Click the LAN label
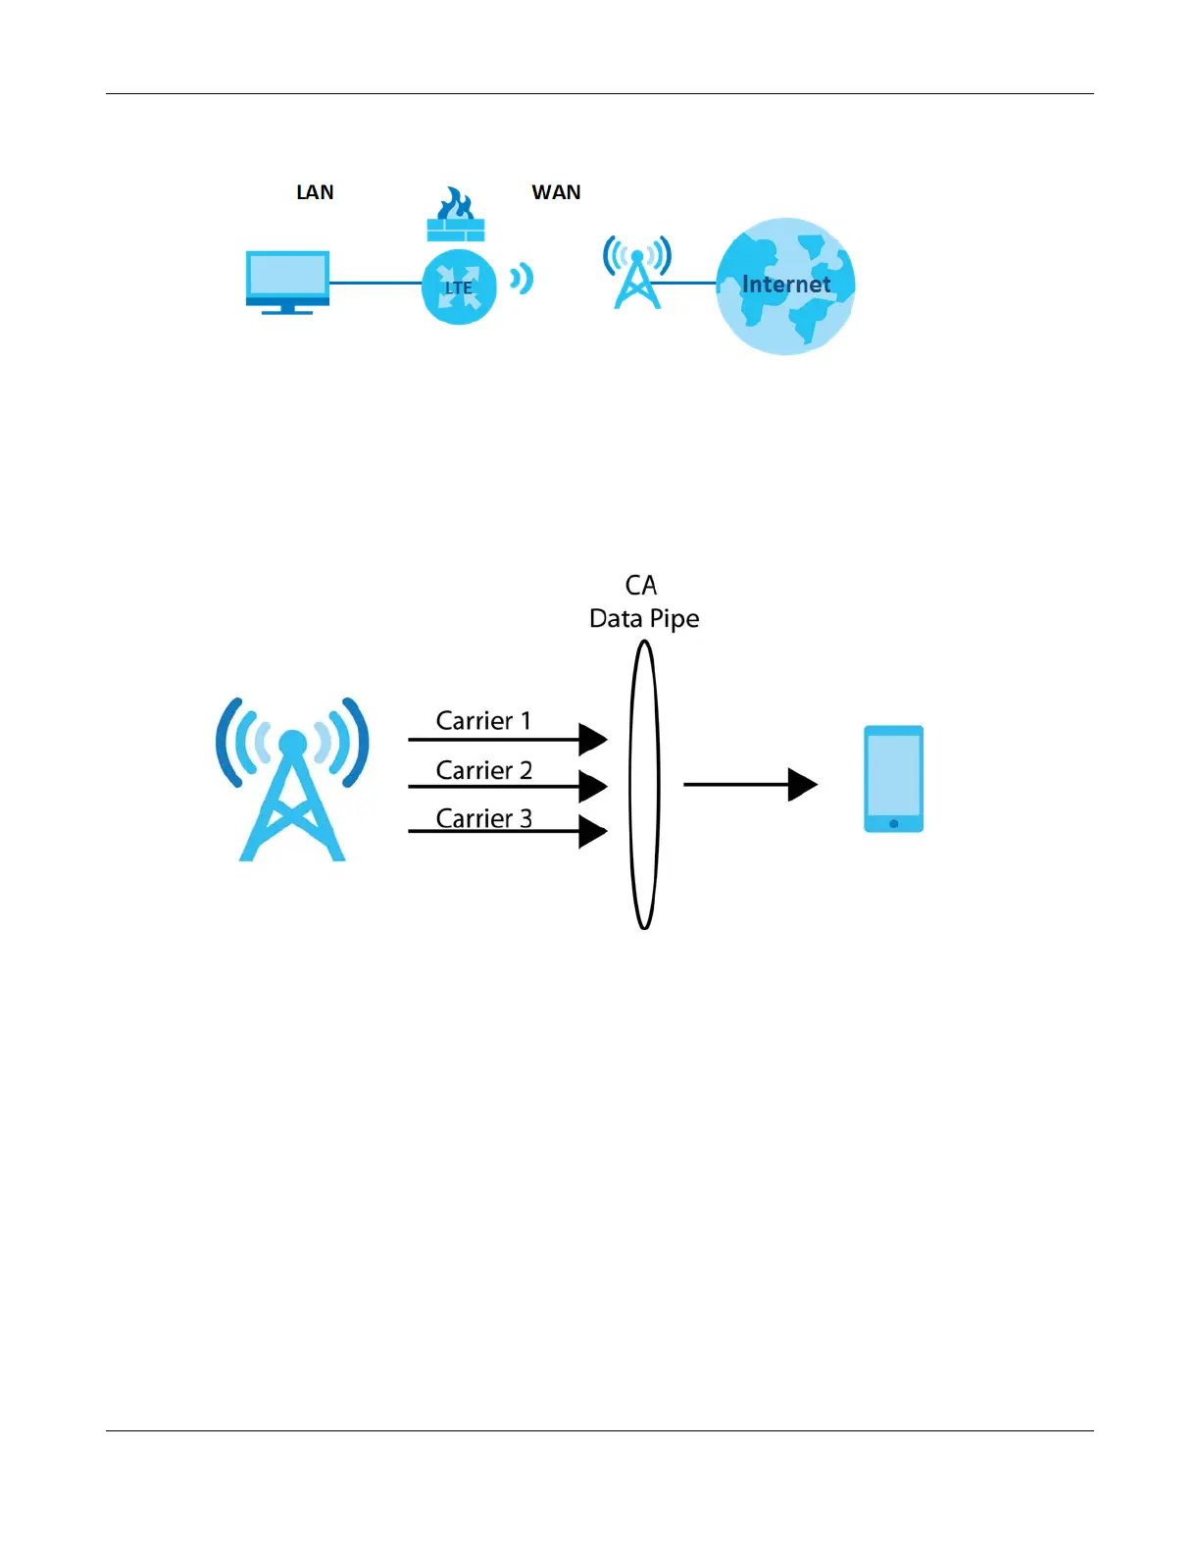point(315,192)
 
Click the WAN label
point(556,192)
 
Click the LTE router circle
point(459,286)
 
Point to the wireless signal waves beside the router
point(522,280)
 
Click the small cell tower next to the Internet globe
point(637,273)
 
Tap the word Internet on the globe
point(785,285)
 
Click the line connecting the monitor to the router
point(375,283)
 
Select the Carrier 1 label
point(483,721)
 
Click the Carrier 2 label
point(483,770)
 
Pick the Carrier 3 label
point(483,818)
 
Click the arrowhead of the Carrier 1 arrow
point(592,739)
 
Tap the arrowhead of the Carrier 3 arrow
point(592,832)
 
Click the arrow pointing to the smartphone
point(750,785)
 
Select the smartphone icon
point(893,779)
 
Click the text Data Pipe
point(644,619)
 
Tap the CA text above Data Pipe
point(641,586)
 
